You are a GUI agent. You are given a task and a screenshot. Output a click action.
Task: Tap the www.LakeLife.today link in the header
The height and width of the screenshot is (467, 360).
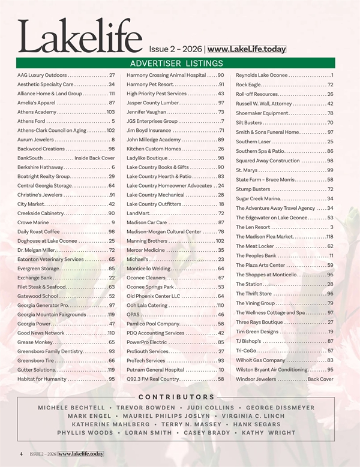[246, 50]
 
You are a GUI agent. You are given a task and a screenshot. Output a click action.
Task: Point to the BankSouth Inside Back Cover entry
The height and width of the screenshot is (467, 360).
[66, 158]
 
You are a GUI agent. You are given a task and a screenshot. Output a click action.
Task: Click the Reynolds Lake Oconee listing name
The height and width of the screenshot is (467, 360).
[262, 76]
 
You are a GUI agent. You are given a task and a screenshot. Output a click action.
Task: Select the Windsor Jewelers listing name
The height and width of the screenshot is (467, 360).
[256, 379]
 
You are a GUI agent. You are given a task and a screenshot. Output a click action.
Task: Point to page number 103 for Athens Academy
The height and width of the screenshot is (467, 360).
[110, 112]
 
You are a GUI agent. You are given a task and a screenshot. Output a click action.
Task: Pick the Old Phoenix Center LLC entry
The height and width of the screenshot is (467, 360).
[154, 296]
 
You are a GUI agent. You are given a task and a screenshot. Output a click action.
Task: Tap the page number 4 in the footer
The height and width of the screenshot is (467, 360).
[20, 454]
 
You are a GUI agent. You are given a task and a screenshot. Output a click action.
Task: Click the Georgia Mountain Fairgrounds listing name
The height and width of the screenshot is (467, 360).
[52, 315]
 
